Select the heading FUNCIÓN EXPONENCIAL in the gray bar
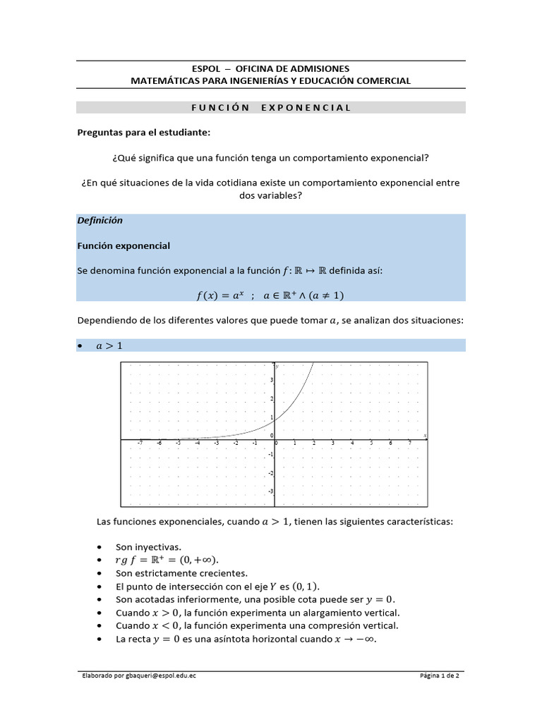[x=271, y=107]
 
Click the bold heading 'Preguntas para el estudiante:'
[x=143, y=133]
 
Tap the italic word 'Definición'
[x=100, y=221]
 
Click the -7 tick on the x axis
[x=140, y=443]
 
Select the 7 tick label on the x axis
[x=410, y=443]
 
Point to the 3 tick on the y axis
[x=271, y=380]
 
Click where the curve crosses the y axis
[x=275, y=420]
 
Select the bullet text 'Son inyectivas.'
[x=148, y=547]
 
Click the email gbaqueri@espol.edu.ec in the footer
[x=155, y=676]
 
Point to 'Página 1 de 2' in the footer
[x=439, y=676]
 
